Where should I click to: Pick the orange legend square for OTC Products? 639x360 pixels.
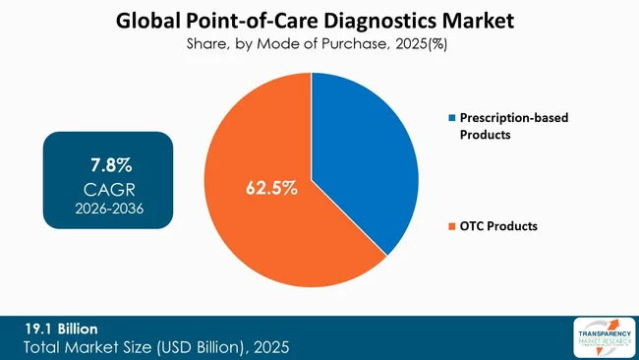(x=451, y=226)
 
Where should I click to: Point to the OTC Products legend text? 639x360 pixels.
(x=498, y=226)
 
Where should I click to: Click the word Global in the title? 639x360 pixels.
(x=148, y=20)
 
